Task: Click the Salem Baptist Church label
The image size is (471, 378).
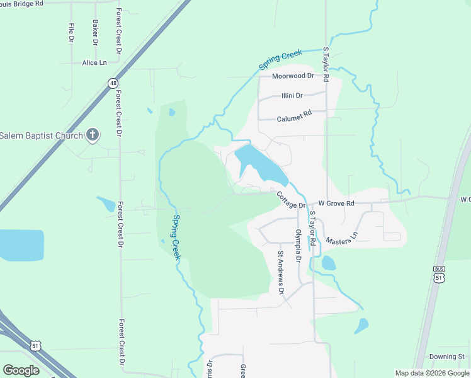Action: coord(41,135)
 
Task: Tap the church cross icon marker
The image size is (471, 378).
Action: coord(92,134)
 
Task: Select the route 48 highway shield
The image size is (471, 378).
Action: coord(112,83)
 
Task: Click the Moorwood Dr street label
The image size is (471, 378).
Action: coord(292,76)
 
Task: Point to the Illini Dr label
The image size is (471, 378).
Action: coord(292,96)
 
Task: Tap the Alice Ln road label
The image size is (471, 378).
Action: coord(94,63)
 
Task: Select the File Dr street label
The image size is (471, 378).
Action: coord(71,33)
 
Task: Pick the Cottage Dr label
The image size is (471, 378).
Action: coord(291,200)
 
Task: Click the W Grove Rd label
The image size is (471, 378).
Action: coord(336,203)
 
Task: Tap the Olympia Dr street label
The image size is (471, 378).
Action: coord(299,246)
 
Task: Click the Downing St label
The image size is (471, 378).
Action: coord(447,357)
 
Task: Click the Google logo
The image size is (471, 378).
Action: coord(21,370)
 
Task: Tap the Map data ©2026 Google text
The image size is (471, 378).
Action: coord(431,372)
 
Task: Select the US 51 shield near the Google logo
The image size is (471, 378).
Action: coord(37,345)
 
